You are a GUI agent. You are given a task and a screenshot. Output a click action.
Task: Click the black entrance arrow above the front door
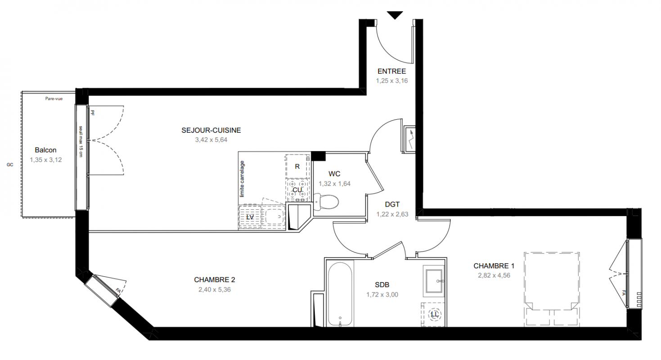tap(395, 15)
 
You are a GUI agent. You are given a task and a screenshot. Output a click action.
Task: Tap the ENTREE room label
tap(391, 71)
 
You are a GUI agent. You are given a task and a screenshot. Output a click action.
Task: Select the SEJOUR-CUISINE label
tap(211, 130)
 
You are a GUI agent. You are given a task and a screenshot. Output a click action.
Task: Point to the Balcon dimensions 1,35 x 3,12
tap(46, 160)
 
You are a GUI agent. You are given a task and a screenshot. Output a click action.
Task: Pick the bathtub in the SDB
tap(340, 294)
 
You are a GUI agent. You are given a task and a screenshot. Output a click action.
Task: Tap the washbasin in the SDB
tap(433, 281)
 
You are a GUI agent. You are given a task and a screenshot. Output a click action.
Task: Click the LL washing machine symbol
tap(433, 314)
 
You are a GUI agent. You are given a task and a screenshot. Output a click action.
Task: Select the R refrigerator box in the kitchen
tap(297, 166)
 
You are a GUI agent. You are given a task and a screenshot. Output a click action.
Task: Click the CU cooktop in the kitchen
tap(297, 190)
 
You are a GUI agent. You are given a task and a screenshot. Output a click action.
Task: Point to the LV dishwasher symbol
tap(250, 217)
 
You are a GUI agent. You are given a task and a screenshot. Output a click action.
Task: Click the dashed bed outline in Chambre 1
tap(552, 289)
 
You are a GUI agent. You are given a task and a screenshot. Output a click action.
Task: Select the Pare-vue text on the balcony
tap(54, 99)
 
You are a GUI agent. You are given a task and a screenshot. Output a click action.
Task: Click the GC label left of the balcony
tap(10, 165)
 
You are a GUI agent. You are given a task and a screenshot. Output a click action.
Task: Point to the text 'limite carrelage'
tap(242, 179)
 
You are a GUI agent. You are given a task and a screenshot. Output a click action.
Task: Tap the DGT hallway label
tap(392, 204)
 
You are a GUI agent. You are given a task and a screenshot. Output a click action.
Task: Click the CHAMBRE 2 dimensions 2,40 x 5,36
tap(215, 289)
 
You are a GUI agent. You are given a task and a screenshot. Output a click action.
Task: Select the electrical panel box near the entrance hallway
tap(409, 139)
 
